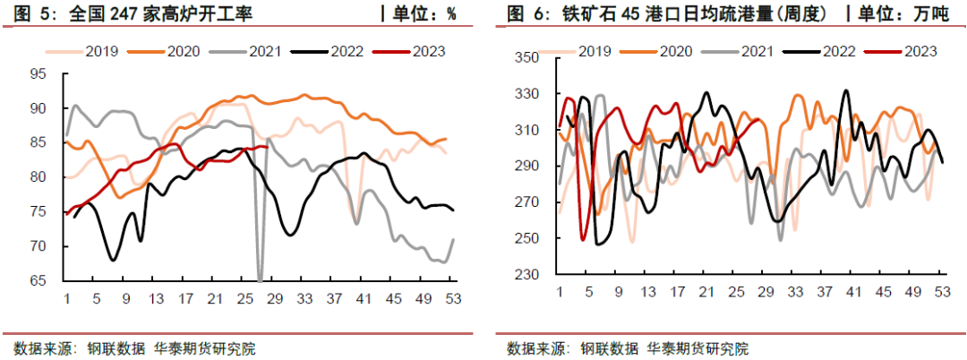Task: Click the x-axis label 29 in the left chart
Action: (275, 298)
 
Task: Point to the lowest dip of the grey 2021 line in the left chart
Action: (260, 280)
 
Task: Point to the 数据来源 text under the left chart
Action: (41, 348)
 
